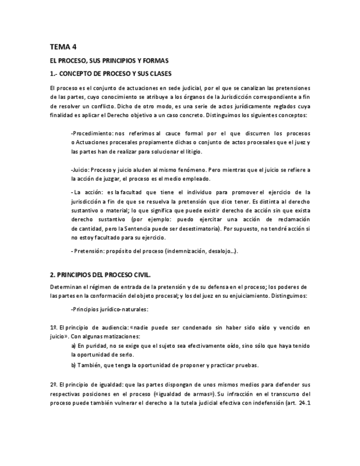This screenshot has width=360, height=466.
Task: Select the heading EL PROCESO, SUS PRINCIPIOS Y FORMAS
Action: (x=109, y=60)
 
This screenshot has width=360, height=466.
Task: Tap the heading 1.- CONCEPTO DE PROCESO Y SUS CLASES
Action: (x=110, y=73)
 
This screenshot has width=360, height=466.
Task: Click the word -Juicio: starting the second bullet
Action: (x=80, y=170)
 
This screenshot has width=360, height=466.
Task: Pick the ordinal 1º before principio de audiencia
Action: (x=53, y=328)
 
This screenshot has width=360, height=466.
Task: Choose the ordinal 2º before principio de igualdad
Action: (x=53, y=384)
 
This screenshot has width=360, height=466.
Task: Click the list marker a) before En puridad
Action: (x=74, y=346)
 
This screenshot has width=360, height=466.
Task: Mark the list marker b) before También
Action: (x=74, y=365)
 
